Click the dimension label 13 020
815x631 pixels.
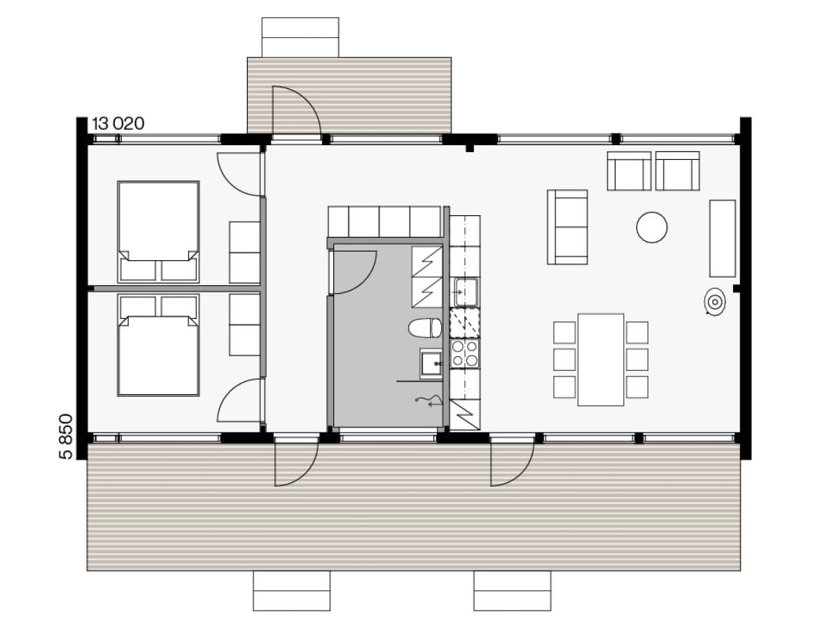pyautogui.click(x=118, y=124)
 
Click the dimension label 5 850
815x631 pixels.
pyautogui.click(x=67, y=436)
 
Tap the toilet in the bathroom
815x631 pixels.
pyautogui.click(x=425, y=328)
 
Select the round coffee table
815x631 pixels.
pyautogui.click(x=652, y=227)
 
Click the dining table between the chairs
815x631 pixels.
pyautogui.click(x=601, y=359)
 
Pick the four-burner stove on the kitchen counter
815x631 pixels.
pyautogui.click(x=465, y=353)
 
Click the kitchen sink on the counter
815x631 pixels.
pyautogui.click(x=466, y=292)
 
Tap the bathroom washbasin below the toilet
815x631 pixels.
pyautogui.click(x=431, y=363)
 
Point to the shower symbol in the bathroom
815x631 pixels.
pyautogui.click(x=429, y=400)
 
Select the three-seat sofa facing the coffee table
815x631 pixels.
pyautogui.click(x=568, y=227)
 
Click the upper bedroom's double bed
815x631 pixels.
pyautogui.click(x=158, y=231)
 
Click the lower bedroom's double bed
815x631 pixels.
pyautogui.click(x=158, y=345)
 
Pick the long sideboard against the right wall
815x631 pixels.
pyautogui.click(x=723, y=238)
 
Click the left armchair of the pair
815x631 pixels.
pyautogui.click(x=629, y=171)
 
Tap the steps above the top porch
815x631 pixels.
pyautogui.click(x=300, y=37)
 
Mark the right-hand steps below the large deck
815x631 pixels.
pyautogui.click(x=512, y=591)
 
